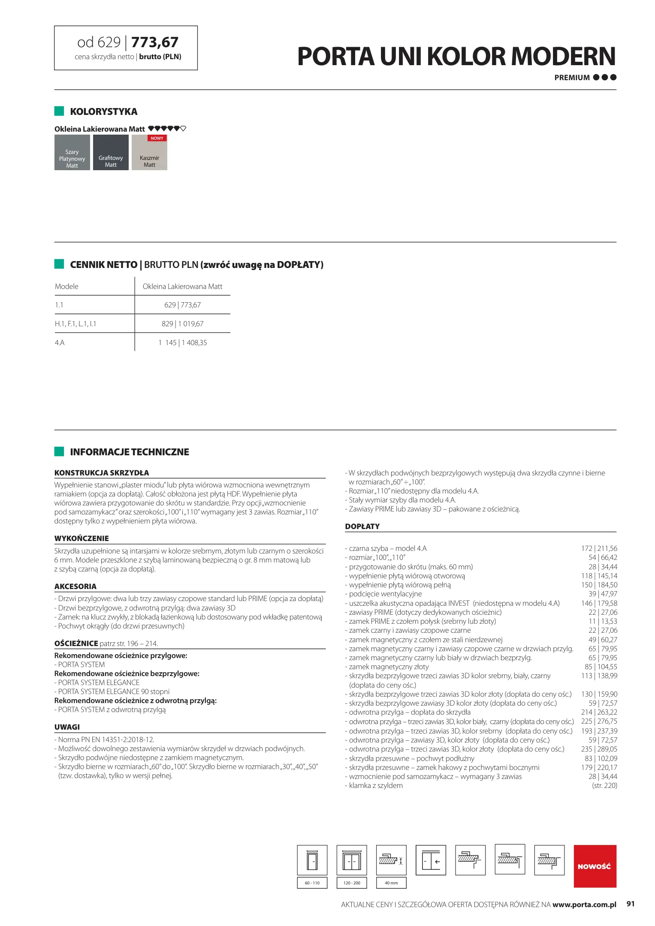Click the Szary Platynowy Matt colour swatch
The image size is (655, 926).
coord(72,153)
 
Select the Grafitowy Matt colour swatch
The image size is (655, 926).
coord(111,153)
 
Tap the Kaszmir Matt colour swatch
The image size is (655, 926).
coord(149,154)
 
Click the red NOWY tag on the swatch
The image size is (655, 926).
coord(157,138)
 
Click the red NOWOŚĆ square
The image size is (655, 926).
coord(595,866)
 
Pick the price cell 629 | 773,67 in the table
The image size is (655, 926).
coord(182,305)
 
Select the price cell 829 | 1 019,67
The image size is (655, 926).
coord(182,324)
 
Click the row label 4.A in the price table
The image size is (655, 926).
coord(60,343)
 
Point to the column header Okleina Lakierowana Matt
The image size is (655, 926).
coord(182,286)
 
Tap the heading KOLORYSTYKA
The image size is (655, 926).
coord(103,112)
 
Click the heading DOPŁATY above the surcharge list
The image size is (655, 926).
coord(362,526)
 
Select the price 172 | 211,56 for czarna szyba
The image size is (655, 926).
coord(599,548)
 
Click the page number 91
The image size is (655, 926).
coord(630,904)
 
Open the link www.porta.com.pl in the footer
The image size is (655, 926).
coord(584,905)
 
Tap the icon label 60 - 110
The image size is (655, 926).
coord(312,883)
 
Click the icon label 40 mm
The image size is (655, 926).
coord(391,883)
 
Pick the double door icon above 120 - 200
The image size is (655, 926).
coord(351,860)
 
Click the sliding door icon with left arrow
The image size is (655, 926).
coord(431,860)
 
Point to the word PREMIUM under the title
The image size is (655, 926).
coord(572,78)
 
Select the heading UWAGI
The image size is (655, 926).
coord(67,727)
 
